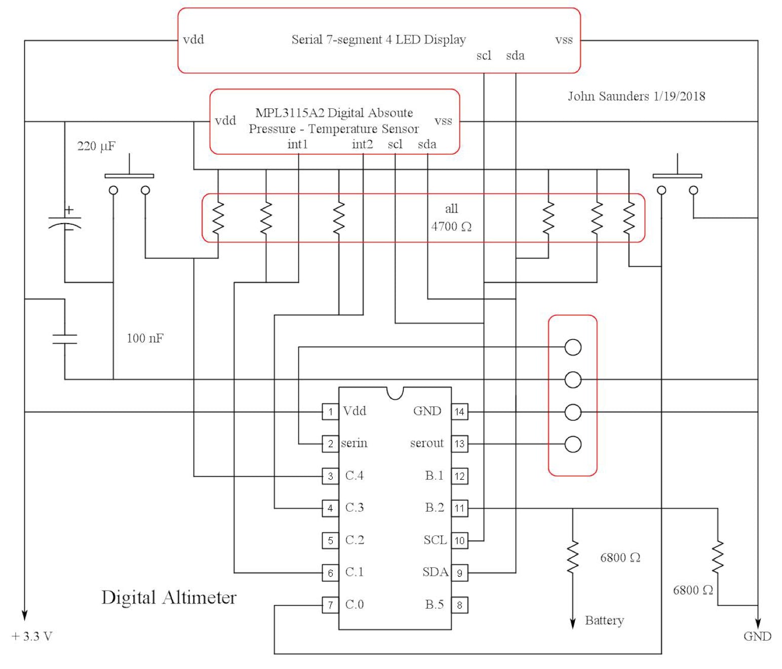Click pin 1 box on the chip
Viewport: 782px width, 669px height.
coord(330,411)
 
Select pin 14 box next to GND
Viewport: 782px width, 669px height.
coord(459,411)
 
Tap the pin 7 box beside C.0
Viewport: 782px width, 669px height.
coord(330,605)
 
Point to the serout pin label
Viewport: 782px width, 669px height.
coord(426,443)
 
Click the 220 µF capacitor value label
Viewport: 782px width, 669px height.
coord(96,146)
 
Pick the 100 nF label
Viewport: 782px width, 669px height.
coord(145,338)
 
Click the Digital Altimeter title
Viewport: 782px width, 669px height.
coord(169,598)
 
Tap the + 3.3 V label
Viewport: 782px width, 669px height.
coord(32,636)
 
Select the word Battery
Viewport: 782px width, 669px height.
coord(604,620)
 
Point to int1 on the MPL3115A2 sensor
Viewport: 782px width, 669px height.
coord(297,144)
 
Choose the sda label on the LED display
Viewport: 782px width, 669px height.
coord(515,56)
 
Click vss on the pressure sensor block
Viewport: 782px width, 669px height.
coord(443,121)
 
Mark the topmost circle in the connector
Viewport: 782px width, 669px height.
coord(573,347)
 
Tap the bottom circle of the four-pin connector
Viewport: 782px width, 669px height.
coord(573,444)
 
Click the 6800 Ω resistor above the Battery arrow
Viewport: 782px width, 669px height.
coord(573,557)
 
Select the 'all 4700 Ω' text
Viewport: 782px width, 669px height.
coord(451,218)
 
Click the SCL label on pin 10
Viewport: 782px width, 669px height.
coord(435,540)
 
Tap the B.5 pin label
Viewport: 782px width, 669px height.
coord(434,605)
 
